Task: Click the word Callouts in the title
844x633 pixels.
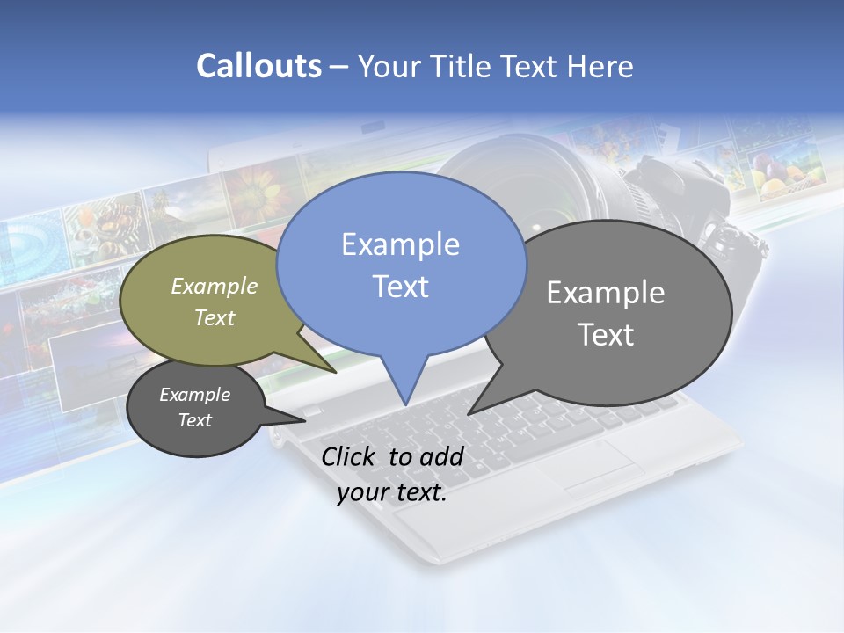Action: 258,66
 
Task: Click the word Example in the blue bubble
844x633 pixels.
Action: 400,244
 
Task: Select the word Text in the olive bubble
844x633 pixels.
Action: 215,318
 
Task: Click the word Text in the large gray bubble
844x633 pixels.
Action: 607,335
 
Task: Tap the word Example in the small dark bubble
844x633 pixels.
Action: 194,395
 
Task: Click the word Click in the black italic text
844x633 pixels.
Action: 349,456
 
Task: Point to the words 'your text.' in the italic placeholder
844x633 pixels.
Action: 392,493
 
